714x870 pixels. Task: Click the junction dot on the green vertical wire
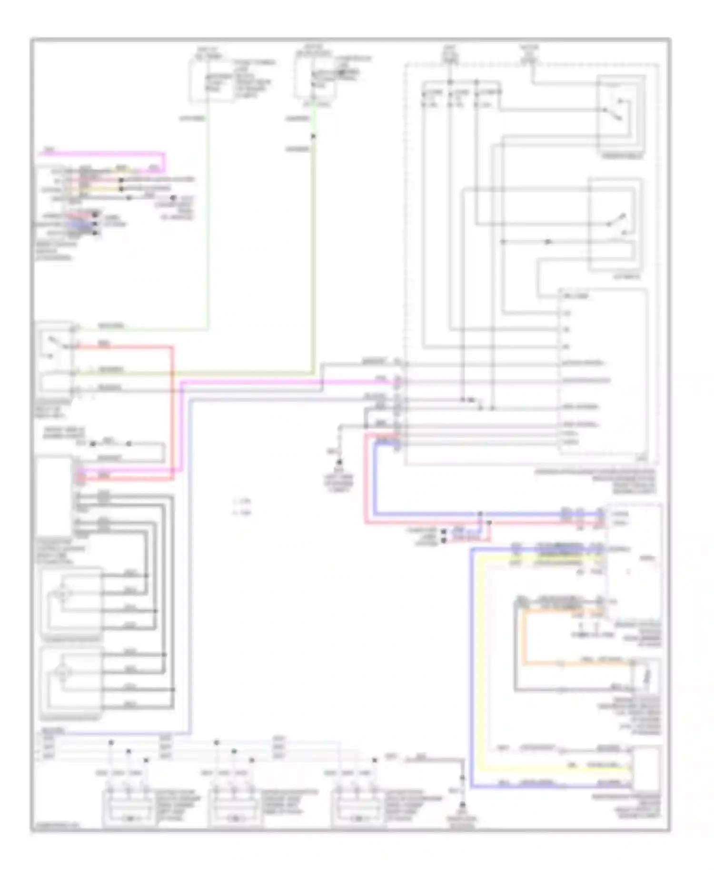pyautogui.click(x=313, y=137)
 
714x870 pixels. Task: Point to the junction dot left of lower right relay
pyautogui.click(x=548, y=242)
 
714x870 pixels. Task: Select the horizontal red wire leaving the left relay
pyautogui.click(x=124, y=347)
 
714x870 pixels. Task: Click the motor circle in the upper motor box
pyautogui.click(x=62, y=594)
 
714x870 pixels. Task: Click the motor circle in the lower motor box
pyautogui.click(x=62, y=672)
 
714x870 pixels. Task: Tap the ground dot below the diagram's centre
pyautogui.click(x=339, y=462)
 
